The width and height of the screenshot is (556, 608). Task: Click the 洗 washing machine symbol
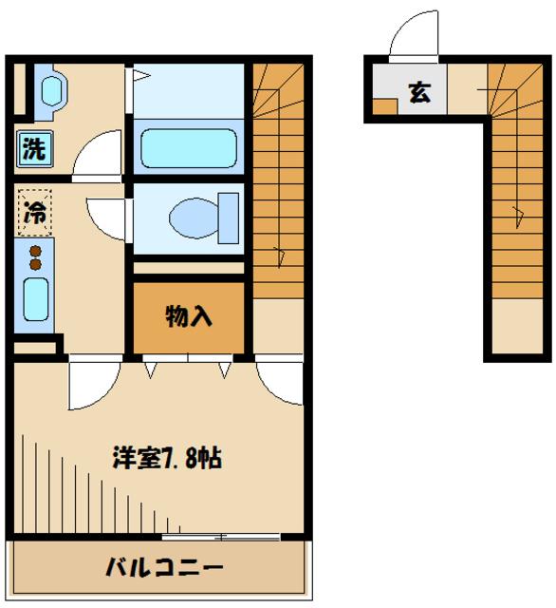[34, 148]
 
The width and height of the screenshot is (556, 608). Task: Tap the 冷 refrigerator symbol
[34, 213]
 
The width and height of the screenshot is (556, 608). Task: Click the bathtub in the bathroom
[188, 147]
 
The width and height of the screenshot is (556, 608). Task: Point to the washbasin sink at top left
[49, 92]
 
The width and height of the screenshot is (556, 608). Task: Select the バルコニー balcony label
[164, 569]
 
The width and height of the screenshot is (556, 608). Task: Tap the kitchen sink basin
[36, 301]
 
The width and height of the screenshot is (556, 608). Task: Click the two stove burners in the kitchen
[36, 257]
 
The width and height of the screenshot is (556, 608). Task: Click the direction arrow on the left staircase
[279, 255]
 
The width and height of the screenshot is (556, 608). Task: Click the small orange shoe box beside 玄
[383, 106]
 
